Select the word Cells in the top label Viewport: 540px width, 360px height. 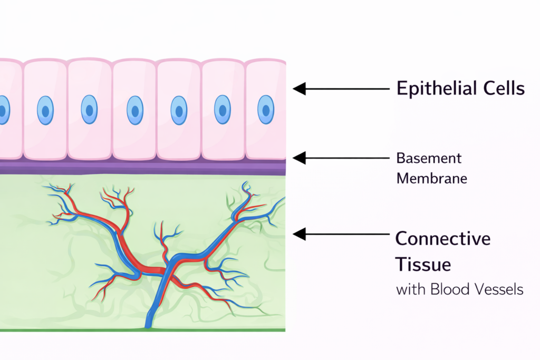[505, 88]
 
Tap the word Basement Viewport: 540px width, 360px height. [429, 158]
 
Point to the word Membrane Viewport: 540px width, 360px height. [431, 178]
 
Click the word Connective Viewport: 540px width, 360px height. [443, 238]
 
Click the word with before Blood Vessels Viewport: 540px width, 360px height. [410, 289]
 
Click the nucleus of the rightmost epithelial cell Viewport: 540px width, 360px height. [265, 110]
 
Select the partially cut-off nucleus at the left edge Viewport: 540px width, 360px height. [3, 110]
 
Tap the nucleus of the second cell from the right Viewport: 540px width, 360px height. [222, 110]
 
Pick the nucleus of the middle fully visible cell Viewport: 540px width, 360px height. [134, 110]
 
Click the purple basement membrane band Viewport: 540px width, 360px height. [142, 167]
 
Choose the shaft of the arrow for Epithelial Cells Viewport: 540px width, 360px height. [348, 89]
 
